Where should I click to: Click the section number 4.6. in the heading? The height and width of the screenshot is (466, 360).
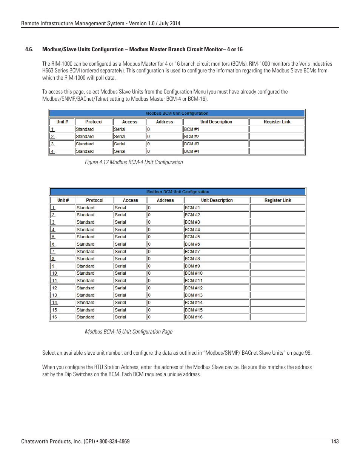(x=29, y=49)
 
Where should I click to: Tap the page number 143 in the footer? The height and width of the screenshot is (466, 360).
(x=335, y=441)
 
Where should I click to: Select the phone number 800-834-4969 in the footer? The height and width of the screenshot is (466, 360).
(x=114, y=441)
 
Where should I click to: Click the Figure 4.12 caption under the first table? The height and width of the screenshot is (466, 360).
(x=134, y=162)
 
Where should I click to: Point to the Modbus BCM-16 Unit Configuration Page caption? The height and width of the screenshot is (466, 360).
(x=128, y=332)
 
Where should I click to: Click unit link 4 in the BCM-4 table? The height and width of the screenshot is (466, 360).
(x=52, y=151)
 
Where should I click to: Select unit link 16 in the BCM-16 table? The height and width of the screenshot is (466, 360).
(x=55, y=317)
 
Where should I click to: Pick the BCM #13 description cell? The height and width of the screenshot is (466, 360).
(x=216, y=295)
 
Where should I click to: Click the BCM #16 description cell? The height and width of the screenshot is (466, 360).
(x=216, y=317)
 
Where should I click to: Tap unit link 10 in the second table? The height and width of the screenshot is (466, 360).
(x=55, y=273)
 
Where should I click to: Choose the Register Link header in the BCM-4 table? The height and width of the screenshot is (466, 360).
(x=277, y=122)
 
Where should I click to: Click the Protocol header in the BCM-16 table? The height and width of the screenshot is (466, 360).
(x=94, y=200)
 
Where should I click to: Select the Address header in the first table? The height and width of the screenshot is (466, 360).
(x=165, y=122)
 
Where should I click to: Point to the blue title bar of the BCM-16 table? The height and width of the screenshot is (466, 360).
(x=177, y=192)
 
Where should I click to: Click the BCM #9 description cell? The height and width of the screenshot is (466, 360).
(x=216, y=266)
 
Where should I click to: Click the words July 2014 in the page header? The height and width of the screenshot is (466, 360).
(x=169, y=23)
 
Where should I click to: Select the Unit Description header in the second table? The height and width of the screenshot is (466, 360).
(x=217, y=200)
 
